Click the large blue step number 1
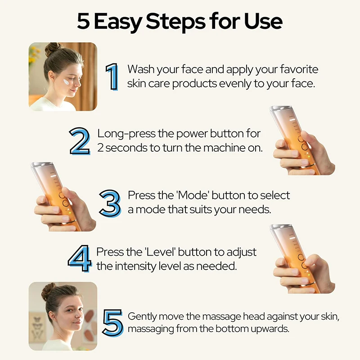point(112,76)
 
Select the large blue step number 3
point(110,202)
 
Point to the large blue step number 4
point(80,259)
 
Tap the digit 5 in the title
point(83,21)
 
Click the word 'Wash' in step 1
point(140,69)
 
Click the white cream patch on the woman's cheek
point(67,83)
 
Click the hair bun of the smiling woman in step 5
point(48,291)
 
